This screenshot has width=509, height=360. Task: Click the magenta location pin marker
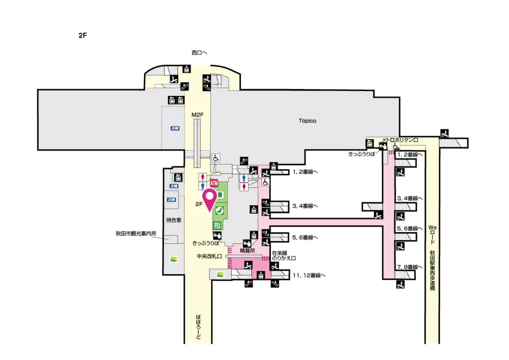click(x=210, y=199)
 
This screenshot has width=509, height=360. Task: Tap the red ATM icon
click(x=214, y=183)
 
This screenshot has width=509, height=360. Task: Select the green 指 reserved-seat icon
click(x=217, y=225)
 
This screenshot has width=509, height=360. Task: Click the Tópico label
click(x=307, y=121)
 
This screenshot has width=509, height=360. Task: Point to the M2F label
click(x=197, y=115)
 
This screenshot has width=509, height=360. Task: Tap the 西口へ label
click(x=199, y=52)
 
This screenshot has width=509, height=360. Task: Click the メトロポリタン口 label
click(x=400, y=140)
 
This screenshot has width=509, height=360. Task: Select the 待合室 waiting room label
click(x=174, y=220)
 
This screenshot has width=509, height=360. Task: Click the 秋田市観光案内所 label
click(x=136, y=234)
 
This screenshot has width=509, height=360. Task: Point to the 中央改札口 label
click(x=209, y=257)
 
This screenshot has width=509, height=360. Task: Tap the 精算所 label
click(x=247, y=251)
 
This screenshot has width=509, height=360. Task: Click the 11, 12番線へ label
click(x=309, y=275)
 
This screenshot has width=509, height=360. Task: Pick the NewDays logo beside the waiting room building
click(x=173, y=259)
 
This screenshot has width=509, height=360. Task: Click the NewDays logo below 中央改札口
click(x=220, y=274)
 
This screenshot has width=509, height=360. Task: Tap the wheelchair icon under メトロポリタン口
click(x=396, y=146)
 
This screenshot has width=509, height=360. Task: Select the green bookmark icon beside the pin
click(x=220, y=195)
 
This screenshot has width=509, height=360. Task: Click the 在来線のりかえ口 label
click(x=284, y=255)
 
